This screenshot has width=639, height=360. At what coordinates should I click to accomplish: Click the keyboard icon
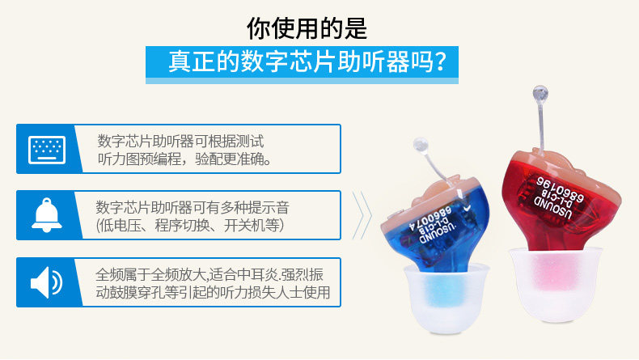(47, 150)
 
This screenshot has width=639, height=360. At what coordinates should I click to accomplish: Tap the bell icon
(47, 215)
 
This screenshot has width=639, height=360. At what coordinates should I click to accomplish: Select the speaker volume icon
(46, 282)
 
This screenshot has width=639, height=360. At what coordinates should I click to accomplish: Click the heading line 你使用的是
(307, 28)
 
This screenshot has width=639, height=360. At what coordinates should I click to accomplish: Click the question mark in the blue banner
(439, 62)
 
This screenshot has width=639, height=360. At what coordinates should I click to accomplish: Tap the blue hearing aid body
(436, 228)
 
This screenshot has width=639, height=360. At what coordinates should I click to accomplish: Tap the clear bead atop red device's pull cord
(540, 94)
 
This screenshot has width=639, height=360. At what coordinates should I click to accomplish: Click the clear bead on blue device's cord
(421, 145)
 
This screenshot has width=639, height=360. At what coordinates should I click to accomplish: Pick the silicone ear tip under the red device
(556, 283)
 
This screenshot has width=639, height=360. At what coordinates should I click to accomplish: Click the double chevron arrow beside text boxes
(362, 215)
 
